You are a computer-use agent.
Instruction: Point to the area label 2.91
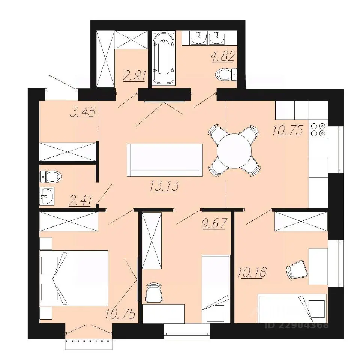click(x=134, y=75)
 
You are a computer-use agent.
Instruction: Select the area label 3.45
click(x=83, y=112)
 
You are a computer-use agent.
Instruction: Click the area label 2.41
click(x=81, y=200)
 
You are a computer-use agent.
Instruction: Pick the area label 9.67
click(x=214, y=223)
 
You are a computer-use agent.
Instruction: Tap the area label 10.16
click(x=252, y=272)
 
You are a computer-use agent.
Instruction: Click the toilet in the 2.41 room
click(x=51, y=177)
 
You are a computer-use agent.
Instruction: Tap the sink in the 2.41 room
click(x=47, y=196)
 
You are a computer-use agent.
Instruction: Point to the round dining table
click(x=234, y=151)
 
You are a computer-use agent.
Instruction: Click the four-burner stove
click(x=318, y=129)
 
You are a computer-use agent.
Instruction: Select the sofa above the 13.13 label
click(x=165, y=160)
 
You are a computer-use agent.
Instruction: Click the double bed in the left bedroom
click(x=74, y=278)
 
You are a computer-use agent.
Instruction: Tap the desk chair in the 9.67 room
click(x=154, y=292)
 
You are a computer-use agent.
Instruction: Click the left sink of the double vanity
click(x=198, y=38)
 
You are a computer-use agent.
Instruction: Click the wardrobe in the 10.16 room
click(x=301, y=221)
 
